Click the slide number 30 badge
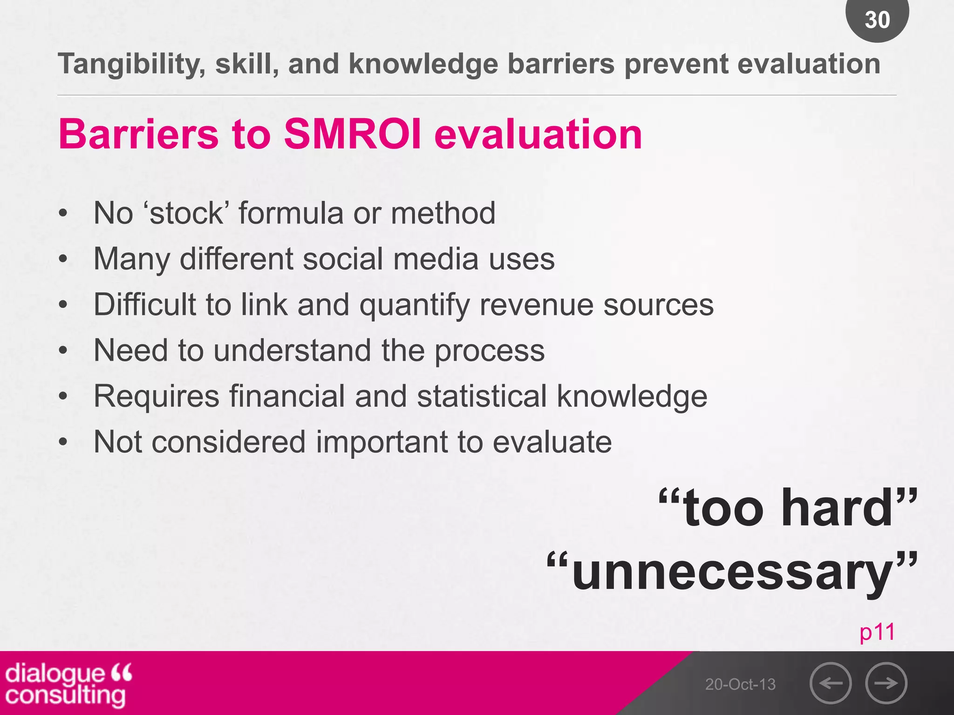(x=877, y=19)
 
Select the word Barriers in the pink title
(x=138, y=135)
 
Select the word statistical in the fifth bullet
(x=482, y=396)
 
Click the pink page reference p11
(x=877, y=632)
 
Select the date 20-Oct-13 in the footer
(x=740, y=684)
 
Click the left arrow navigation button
(x=831, y=683)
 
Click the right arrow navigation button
(x=886, y=683)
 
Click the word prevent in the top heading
(x=676, y=64)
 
